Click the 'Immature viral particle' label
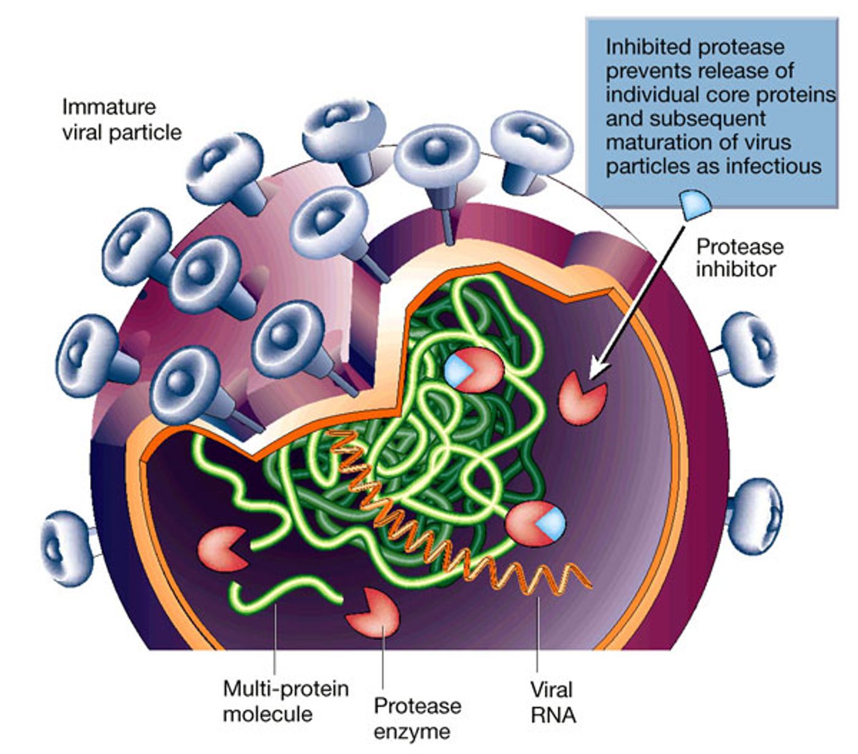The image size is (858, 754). click(x=122, y=120)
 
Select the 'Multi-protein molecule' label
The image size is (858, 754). click(x=286, y=702)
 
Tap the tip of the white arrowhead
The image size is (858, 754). click(x=590, y=378)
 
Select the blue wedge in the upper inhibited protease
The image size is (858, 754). click(x=457, y=370)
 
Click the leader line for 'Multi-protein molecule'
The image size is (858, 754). click(x=275, y=639)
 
